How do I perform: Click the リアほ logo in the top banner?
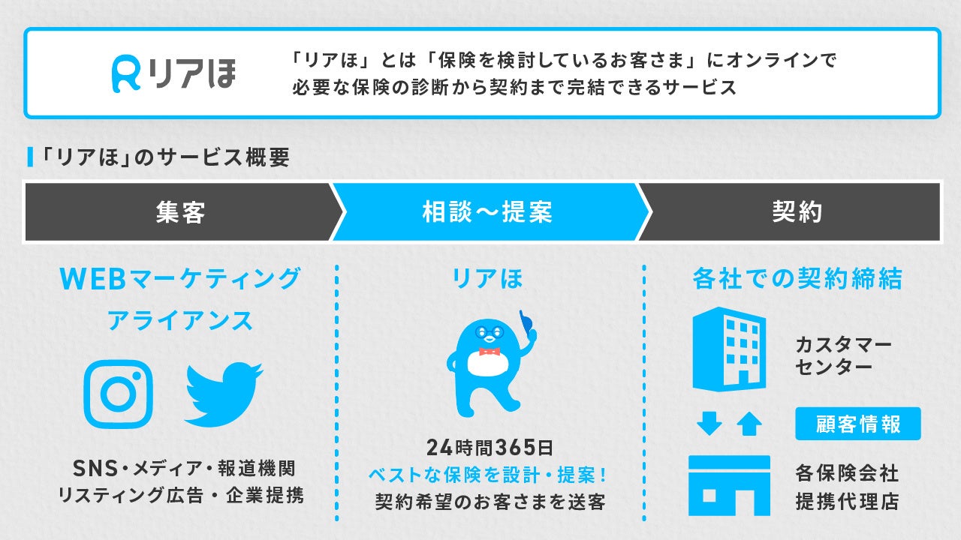173,73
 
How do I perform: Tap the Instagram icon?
118,394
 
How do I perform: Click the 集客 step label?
181,212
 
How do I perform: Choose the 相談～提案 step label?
487,212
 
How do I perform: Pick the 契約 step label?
797,212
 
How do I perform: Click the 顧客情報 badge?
857,424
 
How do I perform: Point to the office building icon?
728,349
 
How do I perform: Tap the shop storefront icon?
729,485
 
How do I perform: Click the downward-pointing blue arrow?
709,424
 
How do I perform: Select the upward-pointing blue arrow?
749,424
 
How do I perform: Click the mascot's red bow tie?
489,351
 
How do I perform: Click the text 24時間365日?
489,448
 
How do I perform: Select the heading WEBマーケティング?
180,279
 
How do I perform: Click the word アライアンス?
180,321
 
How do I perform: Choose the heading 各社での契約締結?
797,279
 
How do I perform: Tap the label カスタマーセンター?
843,356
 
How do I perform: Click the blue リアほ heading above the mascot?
487,279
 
